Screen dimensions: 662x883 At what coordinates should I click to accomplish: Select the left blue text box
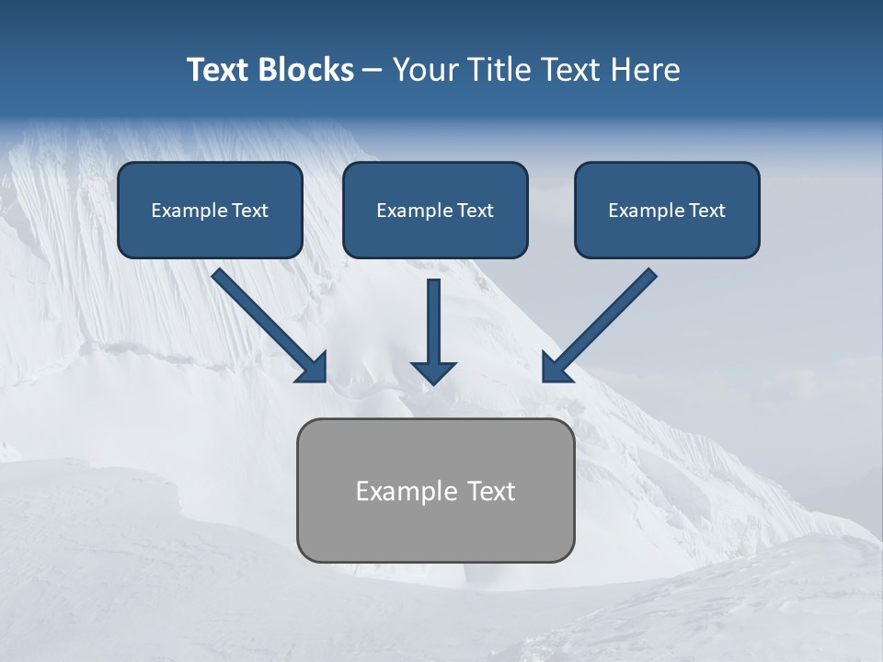(210, 210)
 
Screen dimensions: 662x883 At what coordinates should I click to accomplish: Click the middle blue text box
(435, 210)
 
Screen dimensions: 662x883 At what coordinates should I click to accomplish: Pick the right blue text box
(667, 210)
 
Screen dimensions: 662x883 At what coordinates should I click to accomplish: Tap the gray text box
(435, 490)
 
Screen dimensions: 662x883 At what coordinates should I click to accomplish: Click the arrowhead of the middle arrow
(433, 371)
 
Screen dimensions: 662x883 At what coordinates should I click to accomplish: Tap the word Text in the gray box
(491, 491)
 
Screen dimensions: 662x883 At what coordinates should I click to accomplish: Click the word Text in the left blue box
(249, 211)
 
